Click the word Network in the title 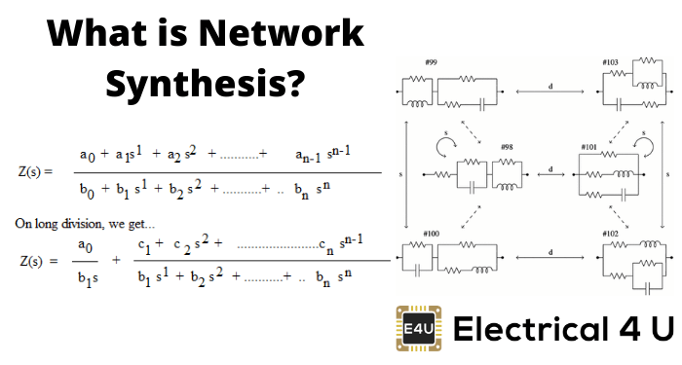pyautogui.click(x=282, y=32)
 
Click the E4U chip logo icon pyautogui.click(x=418, y=328)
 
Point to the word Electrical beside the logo pyautogui.click(x=531, y=328)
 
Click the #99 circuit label pyautogui.click(x=431, y=62)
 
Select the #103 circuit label pyautogui.click(x=610, y=62)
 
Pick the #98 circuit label pyautogui.click(x=508, y=147)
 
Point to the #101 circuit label pyautogui.click(x=588, y=147)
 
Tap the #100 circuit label pyautogui.click(x=431, y=234)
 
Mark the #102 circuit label pyautogui.click(x=610, y=234)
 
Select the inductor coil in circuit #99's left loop pyautogui.click(x=418, y=104)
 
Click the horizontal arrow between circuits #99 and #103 pyautogui.click(x=550, y=91)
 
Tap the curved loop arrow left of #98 pyautogui.click(x=446, y=147)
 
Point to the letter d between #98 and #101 pyautogui.click(x=550, y=169)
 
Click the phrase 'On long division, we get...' pyautogui.click(x=85, y=224)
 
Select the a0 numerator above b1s pyautogui.click(x=86, y=246)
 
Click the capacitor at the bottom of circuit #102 pyautogui.click(x=647, y=288)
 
